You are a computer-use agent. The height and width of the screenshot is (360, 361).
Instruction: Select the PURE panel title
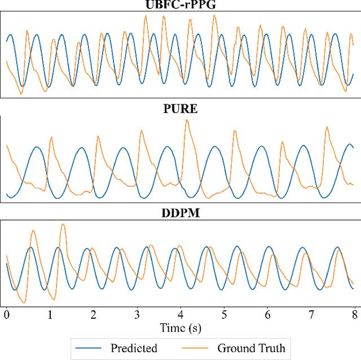coord(180,109)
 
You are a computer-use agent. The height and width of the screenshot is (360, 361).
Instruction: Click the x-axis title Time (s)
coord(180,327)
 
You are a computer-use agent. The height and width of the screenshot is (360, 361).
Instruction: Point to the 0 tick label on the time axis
coord(7,314)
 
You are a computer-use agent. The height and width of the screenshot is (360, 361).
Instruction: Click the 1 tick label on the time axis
coord(50,314)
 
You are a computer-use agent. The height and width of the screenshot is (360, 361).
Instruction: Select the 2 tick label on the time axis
coord(94,314)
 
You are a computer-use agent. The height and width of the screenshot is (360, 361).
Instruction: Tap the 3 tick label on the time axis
coord(137,314)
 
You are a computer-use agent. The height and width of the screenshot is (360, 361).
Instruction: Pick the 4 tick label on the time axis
coord(180,314)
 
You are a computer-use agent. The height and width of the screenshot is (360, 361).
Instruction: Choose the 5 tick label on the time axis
coord(224,314)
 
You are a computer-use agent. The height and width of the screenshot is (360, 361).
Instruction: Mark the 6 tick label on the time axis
coord(267,314)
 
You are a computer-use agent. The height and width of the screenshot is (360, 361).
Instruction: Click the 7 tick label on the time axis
coord(311,314)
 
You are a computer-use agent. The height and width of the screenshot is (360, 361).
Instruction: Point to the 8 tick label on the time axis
coord(354,314)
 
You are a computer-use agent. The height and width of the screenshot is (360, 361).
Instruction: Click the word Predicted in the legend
coord(134,348)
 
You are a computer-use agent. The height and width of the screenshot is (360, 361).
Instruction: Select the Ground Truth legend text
coord(251,348)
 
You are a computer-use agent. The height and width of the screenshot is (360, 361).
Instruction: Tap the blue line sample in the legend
coord(90,348)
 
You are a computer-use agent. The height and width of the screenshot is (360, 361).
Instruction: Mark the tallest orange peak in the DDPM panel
coord(63,225)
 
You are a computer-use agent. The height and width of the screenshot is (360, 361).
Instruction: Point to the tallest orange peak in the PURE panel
coord(187,120)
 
